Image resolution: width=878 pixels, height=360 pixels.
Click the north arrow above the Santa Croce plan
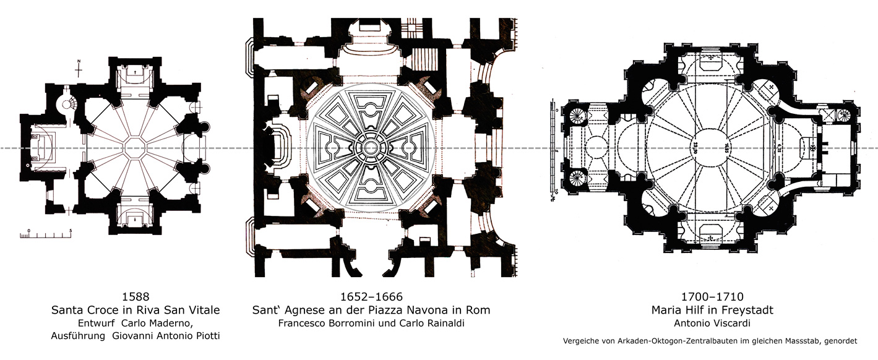[x=79, y=67]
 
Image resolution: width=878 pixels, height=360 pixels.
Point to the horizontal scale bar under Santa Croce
[x=49, y=236]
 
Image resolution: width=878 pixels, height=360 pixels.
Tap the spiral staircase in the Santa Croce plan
[x=64, y=105]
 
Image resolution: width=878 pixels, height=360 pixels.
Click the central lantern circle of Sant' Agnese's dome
[x=369, y=148]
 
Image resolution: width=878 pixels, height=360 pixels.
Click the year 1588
[x=136, y=296]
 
